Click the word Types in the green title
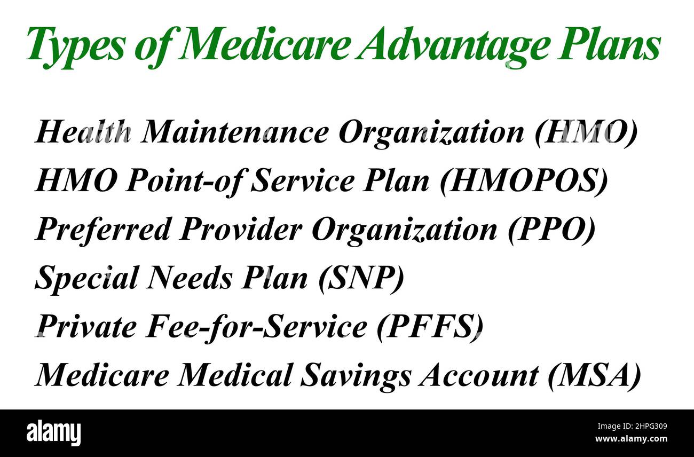[75, 45]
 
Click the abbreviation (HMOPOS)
[524, 181]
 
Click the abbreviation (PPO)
[550, 230]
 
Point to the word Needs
[190, 278]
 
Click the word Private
[86, 327]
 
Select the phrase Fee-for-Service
[256, 327]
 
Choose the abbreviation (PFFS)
[430, 327]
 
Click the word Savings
[356, 375]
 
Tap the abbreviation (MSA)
[594, 375]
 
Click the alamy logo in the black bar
[53, 432]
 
